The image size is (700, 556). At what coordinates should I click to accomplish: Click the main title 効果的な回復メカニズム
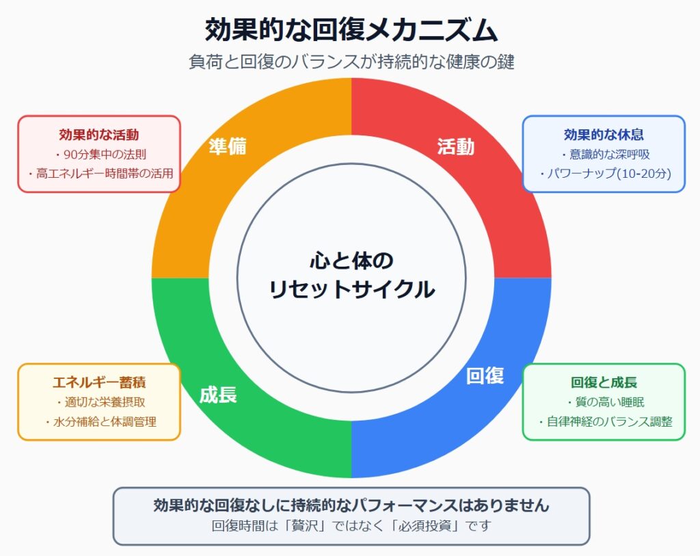point(351,30)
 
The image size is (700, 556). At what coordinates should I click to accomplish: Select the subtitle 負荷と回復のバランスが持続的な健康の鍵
point(351,62)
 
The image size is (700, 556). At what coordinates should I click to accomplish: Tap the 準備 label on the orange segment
point(228,146)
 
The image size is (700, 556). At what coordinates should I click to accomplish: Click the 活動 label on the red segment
point(456,146)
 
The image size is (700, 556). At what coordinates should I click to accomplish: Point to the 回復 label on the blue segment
point(485,375)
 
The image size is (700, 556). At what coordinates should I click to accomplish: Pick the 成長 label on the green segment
point(218,395)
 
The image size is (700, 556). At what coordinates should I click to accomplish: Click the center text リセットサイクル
point(352,289)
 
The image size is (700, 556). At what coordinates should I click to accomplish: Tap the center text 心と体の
point(352,261)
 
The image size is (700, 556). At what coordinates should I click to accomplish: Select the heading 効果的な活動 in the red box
point(99,135)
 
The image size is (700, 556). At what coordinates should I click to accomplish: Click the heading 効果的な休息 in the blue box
point(604,135)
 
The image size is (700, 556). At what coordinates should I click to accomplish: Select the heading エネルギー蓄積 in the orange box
point(99,382)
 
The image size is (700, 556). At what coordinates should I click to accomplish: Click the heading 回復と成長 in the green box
point(604,382)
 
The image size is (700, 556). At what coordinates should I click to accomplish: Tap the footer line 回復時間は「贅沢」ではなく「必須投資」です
point(351,526)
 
